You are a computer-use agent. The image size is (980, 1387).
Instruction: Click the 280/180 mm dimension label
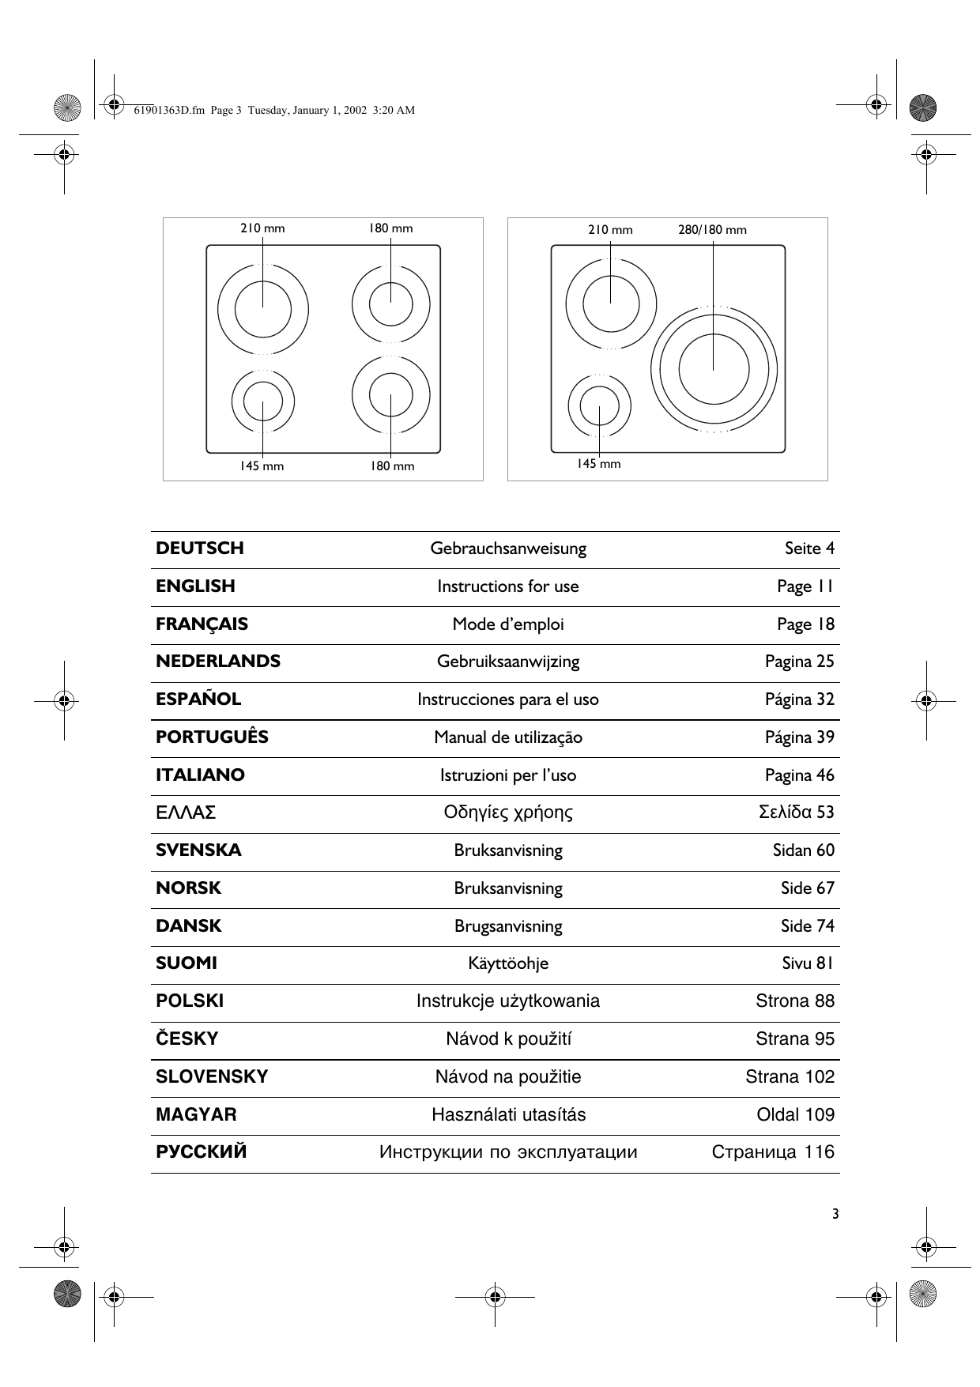tap(712, 230)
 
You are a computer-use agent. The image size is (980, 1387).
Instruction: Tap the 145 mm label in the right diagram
tap(598, 464)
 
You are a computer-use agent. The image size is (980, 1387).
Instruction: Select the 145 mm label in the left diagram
tap(262, 466)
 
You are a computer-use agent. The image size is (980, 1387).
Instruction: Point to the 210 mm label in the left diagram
tap(262, 228)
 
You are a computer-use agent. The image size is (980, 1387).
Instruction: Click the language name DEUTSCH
tap(200, 548)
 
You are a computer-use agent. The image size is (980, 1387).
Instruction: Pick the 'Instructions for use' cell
tap(508, 586)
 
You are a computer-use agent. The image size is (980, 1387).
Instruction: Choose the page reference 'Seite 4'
tap(809, 548)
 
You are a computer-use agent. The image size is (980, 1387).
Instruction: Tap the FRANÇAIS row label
tap(202, 624)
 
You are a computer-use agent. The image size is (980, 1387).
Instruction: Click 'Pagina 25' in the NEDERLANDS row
tap(799, 661)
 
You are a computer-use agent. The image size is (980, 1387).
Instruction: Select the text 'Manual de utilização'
tap(508, 737)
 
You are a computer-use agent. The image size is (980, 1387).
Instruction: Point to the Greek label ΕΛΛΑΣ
tap(186, 812)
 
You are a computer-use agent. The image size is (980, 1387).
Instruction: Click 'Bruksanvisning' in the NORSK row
tap(508, 888)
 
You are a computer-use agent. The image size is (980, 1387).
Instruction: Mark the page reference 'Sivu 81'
tap(808, 963)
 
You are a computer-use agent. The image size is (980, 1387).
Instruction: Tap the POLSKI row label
tap(190, 1001)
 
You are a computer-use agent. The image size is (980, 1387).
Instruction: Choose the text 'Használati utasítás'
tap(508, 1115)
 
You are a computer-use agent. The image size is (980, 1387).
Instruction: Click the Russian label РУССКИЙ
tap(202, 1152)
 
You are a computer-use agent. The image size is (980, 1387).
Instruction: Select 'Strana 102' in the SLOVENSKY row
tap(790, 1077)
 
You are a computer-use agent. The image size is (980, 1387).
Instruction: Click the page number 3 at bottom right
tap(835, 1215)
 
